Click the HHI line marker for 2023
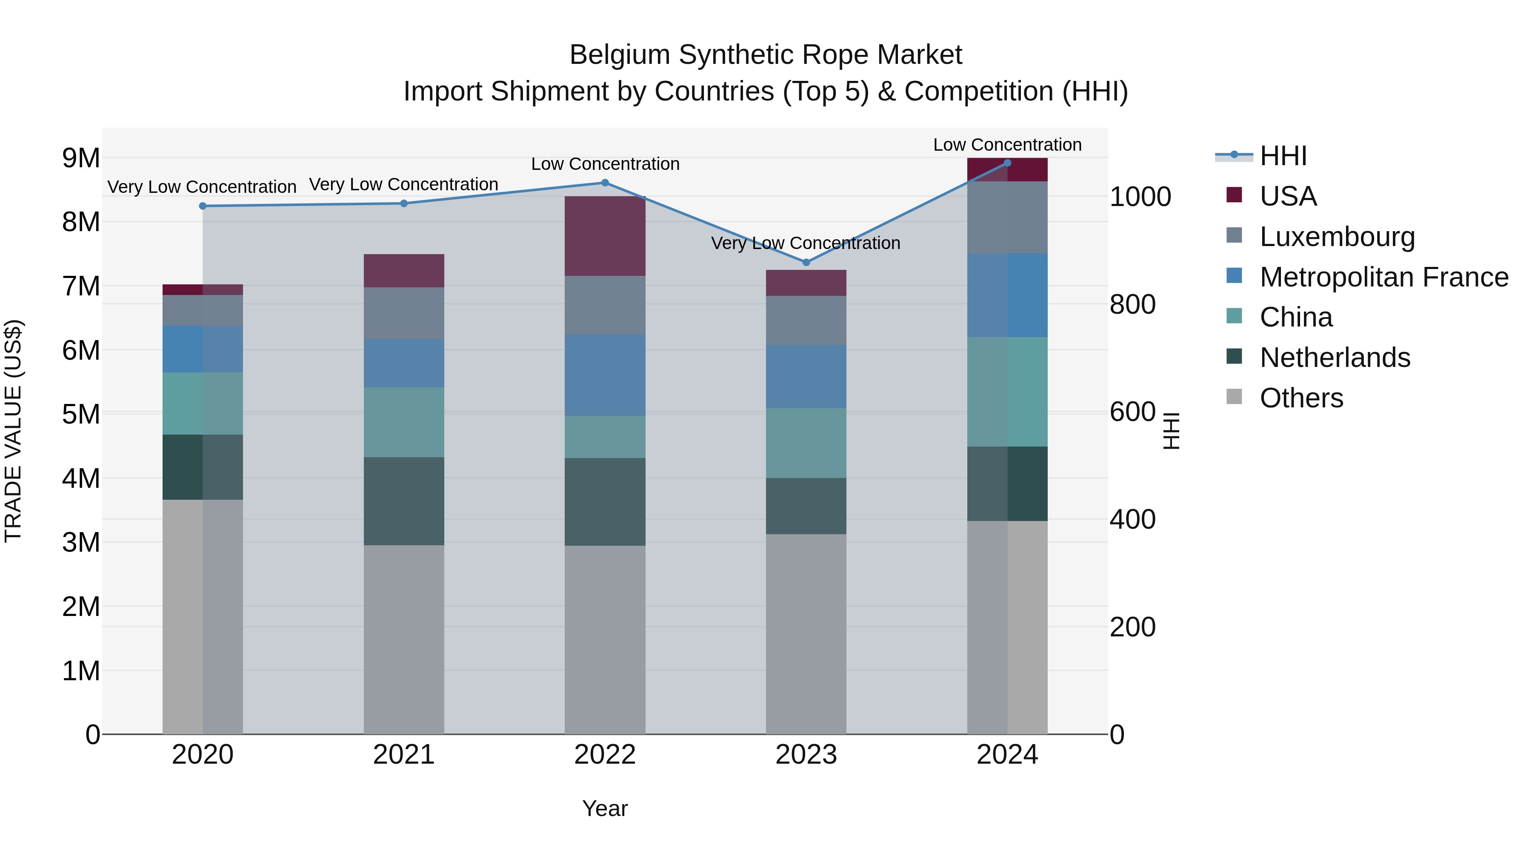click(806, 262)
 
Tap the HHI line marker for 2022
click(605, 183)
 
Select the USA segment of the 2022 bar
click(605, 236)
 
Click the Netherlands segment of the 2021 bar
click(404, 501)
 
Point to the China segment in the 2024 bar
click(1007, 392)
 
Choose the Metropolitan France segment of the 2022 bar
click(605, 375)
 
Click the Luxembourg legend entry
click(1337, 237)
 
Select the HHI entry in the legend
click(1283, 156)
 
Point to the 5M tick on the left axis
click(81, 414)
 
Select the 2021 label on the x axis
click(404, 755)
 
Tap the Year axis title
click(605, 808)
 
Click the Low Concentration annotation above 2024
click(1007, 145)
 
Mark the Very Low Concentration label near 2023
click(806, 243)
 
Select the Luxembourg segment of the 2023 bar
click(806, 320)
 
